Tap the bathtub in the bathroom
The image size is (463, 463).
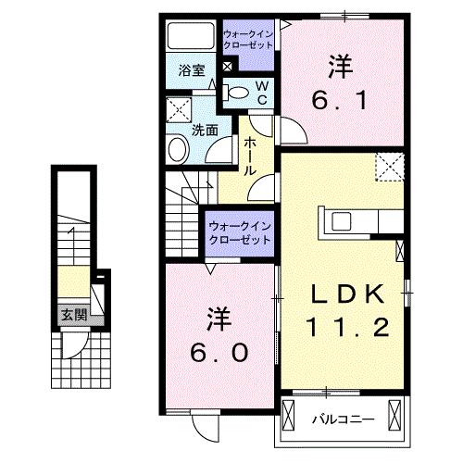(x=192, y=37)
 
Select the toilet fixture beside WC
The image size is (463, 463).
(x=238, y=91)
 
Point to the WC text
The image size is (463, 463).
(x=261, y=91)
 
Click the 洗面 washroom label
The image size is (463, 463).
(x=205, y=131)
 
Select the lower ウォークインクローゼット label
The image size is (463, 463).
(x=240, y=231)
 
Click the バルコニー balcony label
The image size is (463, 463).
(x=342, y=419)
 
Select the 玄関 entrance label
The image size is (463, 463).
(x=74, y=315)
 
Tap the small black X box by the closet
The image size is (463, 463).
(x=228, y=66)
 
